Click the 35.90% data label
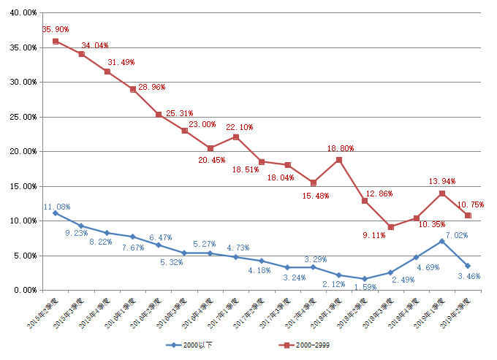pos(56,29)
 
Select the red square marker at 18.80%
pos(339,160)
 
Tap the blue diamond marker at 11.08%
pos(56,213)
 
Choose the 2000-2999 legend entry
pos(307,344)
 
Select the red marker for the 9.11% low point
pos(391,227)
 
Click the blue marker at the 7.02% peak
pos(442,241)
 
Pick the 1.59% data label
pos(365,287)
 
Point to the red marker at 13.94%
pos(442,194)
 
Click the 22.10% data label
pos(240,127)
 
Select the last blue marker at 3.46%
pos(468,266)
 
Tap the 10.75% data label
pos(470,204)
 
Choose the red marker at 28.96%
pos(133,89)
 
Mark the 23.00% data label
pos(202,124)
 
